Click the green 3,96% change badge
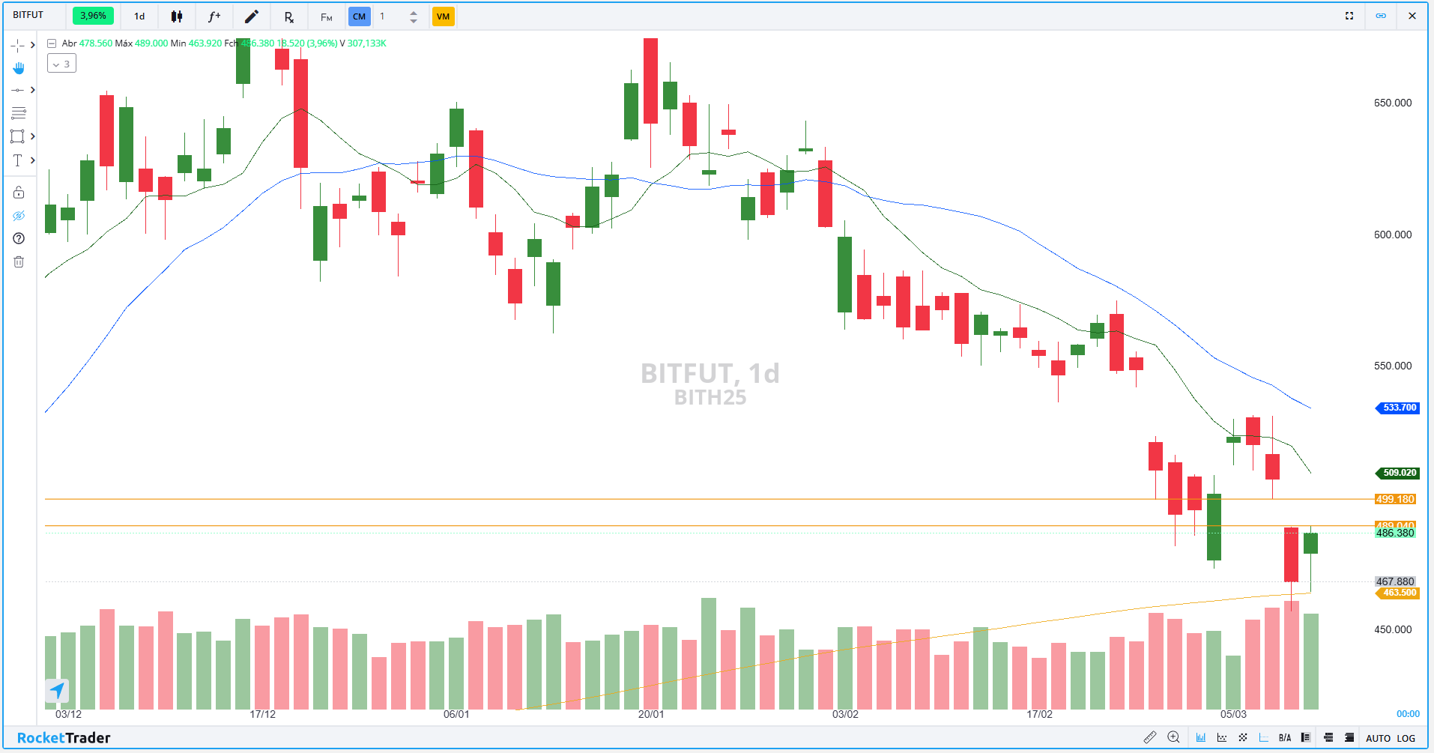click(x=93, y=16)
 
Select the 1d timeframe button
click(x=139, y=16)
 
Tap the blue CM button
click(x=359, y=16)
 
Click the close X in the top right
click(x=1412, y=16)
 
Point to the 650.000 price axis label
click(x=1392, y=103)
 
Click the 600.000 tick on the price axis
click(x=1392, y=235)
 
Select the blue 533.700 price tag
click(x=1399, y=408)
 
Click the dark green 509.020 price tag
click(x=1399, y=473)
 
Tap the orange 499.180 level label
click(x=1394, y=499)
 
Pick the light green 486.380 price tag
click(x=1394, y=533)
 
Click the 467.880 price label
click(x=1394, y=581)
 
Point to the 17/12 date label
click(x=262, y=714)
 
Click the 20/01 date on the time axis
click(x=650, y=714)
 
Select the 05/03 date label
click(x=1233, y=714)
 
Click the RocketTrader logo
click(x=64, y=738)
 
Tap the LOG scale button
click(x=1406, y=738)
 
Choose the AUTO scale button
click(x=1378, y=738)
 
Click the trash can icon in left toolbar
click(x=19, y=261)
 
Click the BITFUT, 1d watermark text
click(x=710, y=373)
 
